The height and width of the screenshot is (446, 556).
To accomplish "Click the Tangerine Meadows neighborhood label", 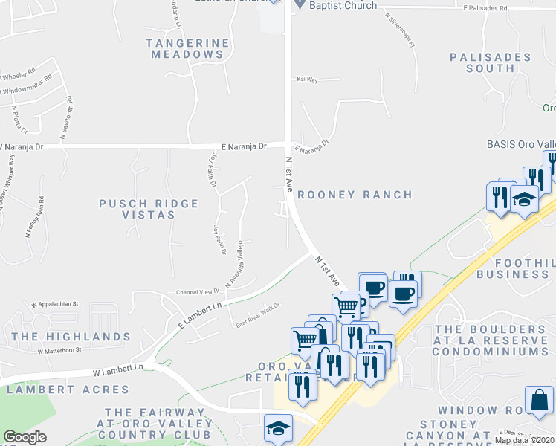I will (187, 49).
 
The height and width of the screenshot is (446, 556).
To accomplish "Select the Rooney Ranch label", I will (355, 195).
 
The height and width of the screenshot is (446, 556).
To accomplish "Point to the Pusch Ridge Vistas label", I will (149, 209).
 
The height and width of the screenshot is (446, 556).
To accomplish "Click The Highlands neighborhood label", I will (71, 337).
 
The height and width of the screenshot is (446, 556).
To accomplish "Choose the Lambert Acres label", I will (68, 390).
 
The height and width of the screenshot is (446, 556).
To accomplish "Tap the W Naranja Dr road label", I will (22, 147).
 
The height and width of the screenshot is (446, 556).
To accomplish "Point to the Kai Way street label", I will (307, 78).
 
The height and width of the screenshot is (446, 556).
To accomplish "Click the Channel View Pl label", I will (198, 291).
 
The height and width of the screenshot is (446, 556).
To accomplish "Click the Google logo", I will (25, 437).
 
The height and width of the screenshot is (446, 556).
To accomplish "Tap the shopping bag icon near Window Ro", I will (539, 400).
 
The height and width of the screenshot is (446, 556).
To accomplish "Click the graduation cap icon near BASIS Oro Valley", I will (524, 200).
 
